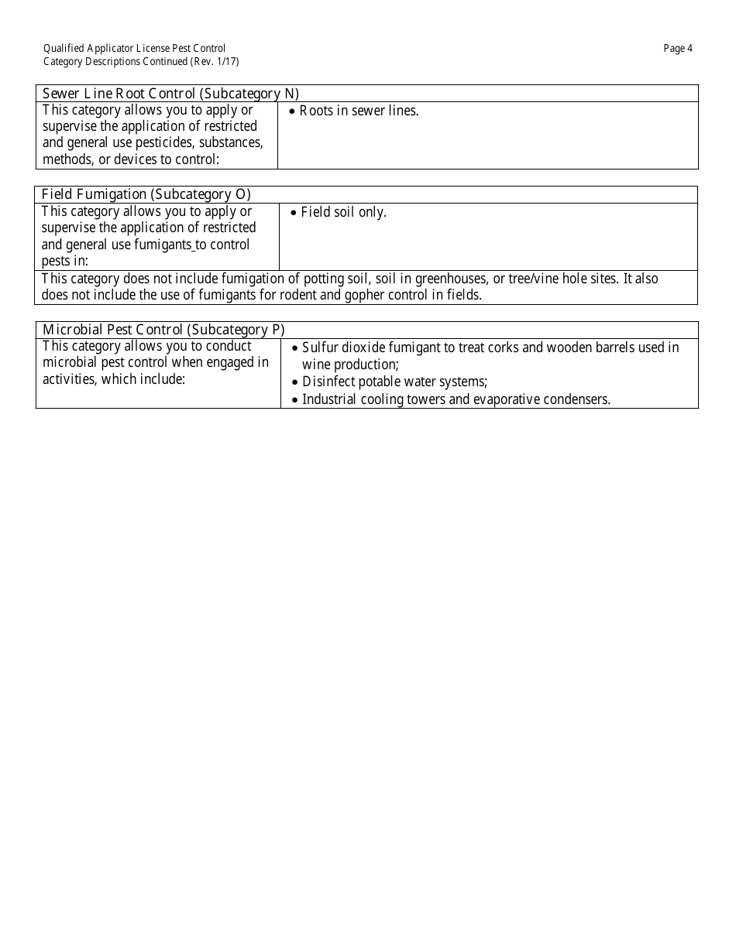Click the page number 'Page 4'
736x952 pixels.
(x=678, y=49)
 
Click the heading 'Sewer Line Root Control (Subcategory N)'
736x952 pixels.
(x=170, y=94)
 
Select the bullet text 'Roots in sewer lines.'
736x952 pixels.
(x=359, y=111)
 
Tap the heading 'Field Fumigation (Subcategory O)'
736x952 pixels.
(x=146, y=194)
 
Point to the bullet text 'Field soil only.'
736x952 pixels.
(x=343, y=212)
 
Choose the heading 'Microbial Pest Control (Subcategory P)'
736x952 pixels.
(x=163, y=330)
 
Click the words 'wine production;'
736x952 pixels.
(x=350, y=365)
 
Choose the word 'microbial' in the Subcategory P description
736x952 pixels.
(x=71, y=362)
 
